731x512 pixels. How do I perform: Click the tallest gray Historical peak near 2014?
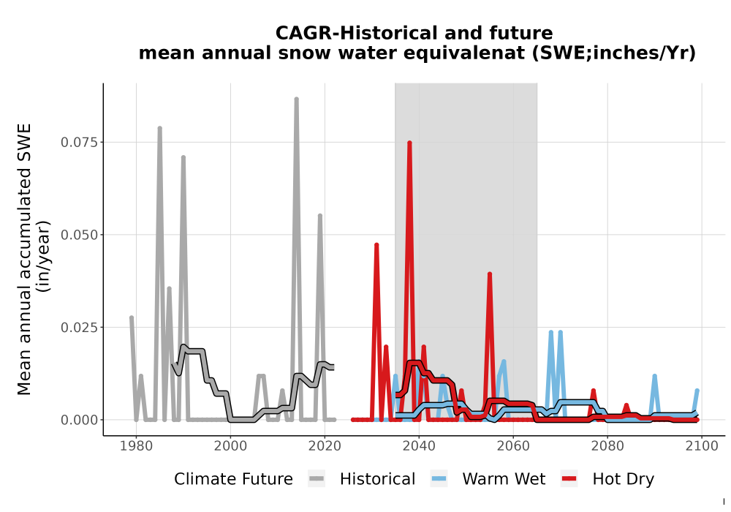(296, 99)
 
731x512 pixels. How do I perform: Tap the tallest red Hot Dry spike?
(409, 143)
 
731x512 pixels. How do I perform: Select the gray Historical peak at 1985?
(159, 128)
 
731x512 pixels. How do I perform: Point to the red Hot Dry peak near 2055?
(490, 275)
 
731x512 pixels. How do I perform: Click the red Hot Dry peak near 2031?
(376, 245)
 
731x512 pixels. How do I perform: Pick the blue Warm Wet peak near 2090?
(654, 376)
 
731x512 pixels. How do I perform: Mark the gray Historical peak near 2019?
(320, 216)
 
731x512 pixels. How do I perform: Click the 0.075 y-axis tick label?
(80, 142)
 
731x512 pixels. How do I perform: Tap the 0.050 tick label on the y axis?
(80, 235)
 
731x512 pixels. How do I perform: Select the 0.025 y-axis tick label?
(80, 328)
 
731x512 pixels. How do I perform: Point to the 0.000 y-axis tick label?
(80, 420)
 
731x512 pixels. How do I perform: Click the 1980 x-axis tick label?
(136, 446)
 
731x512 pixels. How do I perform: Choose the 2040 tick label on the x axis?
(419, 446)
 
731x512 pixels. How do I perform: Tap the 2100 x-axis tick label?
(702, 446)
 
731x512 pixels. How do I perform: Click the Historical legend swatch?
(317, 479)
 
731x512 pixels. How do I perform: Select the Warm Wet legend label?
(504, 479)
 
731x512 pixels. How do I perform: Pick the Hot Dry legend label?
(624, 480)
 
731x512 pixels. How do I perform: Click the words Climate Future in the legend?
(233, 479)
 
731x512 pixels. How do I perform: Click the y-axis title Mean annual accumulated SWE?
(24, 259)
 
